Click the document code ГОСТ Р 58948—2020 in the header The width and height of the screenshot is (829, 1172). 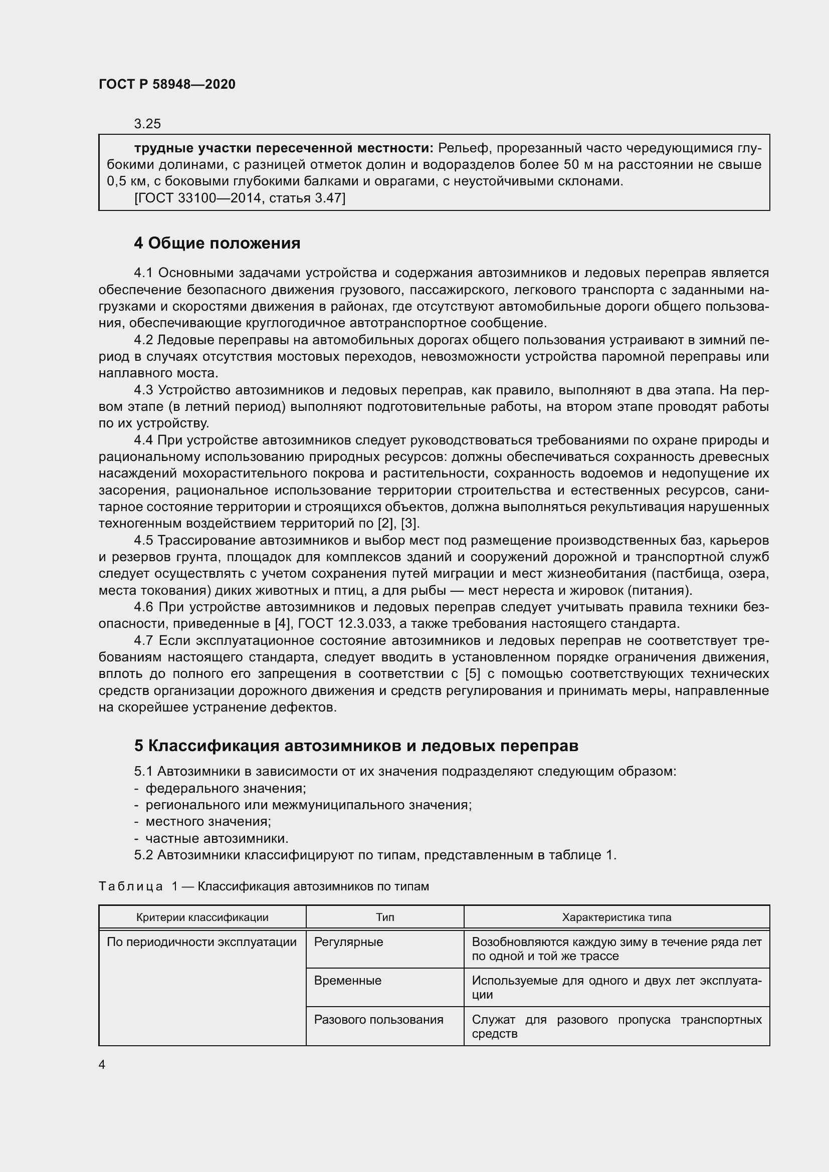[x=167, y=84]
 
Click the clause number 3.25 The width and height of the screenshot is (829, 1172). [x=147, y=124]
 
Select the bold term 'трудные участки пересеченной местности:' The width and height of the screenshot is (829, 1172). [x=283, y=148]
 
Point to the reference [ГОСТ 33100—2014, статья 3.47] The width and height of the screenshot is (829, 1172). [x=240, y=198]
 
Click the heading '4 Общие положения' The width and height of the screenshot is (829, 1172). [x=217, y=244]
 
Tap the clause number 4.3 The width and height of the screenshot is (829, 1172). [x=143, y=390]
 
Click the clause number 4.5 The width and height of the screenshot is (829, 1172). [x=143, y=540]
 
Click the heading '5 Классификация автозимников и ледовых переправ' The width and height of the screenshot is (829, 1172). [x=356, y=746]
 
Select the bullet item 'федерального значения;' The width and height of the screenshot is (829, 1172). [x=226, y=789]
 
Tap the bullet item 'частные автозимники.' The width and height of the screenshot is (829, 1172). [x=217, y=839]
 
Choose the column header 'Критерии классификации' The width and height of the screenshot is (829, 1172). [x=202, y=917]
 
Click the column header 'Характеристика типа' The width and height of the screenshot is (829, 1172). [x=616, y=917]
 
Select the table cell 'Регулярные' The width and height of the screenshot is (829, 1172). [x=349, y=942]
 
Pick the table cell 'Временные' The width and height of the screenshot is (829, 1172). [x=348, y=981]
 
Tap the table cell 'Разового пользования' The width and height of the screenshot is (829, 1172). [x=378, y=1019]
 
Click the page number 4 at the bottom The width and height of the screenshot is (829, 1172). [x=102, y=1065]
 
